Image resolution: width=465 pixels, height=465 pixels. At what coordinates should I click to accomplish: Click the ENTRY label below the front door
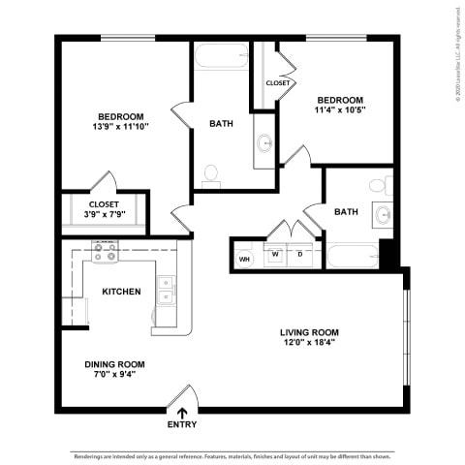point(181,424)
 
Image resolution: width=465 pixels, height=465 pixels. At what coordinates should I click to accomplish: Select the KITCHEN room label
point(122,292)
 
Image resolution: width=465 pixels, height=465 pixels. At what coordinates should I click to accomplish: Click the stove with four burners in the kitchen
point(105,253)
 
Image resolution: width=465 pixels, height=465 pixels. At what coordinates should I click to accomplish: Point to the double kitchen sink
point(166,289)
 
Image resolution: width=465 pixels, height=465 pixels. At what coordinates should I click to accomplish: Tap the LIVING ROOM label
point(311,332)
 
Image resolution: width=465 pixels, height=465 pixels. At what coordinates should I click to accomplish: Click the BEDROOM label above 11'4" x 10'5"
point(339,100)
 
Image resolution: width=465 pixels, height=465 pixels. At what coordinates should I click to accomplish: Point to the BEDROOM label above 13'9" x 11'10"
point(120,116)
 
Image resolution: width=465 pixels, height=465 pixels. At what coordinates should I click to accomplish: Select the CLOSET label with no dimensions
point(278,83)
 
